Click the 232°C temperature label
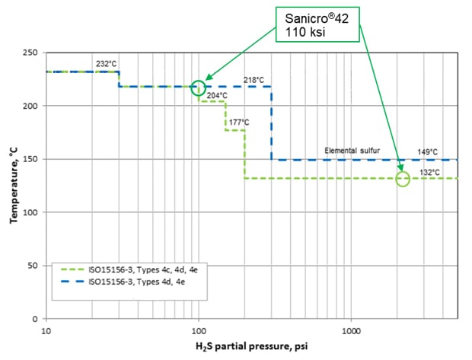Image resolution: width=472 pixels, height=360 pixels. (x=106, y=64)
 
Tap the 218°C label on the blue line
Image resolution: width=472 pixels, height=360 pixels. (x=254, y=80)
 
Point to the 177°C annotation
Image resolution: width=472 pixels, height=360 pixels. (x=239, y=122)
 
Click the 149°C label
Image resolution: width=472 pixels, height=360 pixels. (x=429, y=152)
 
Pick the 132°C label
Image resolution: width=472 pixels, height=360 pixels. (x=430, y=173)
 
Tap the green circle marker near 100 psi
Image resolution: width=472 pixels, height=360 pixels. (x=199, y=88)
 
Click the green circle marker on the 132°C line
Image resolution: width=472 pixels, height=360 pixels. (x=403, y=179)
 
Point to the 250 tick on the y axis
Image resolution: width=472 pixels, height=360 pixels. (x=31, y=53)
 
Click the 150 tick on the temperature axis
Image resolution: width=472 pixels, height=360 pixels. (x=31, y=159)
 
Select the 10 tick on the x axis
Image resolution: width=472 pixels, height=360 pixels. (x=46, y=332)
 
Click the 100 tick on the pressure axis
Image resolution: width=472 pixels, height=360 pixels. (x=199, y=332)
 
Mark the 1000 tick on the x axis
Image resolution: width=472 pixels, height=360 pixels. (x=350, y=332)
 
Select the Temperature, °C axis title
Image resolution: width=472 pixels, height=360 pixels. (x=13, y=186)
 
